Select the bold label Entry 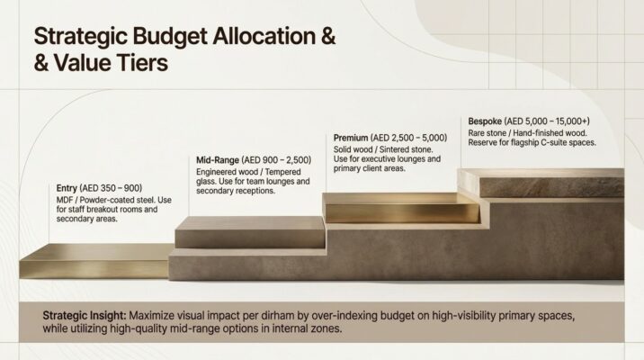coord(67,188)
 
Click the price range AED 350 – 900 coord(112,188)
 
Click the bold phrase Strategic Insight coord(84,316)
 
